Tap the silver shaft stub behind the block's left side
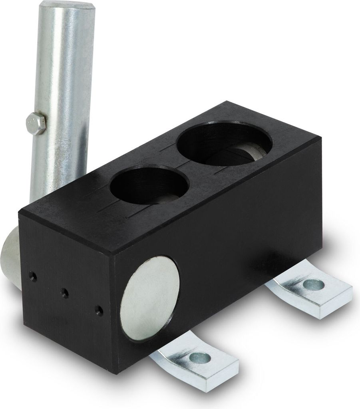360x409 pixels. pyautogui.click(x=10, y=256)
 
